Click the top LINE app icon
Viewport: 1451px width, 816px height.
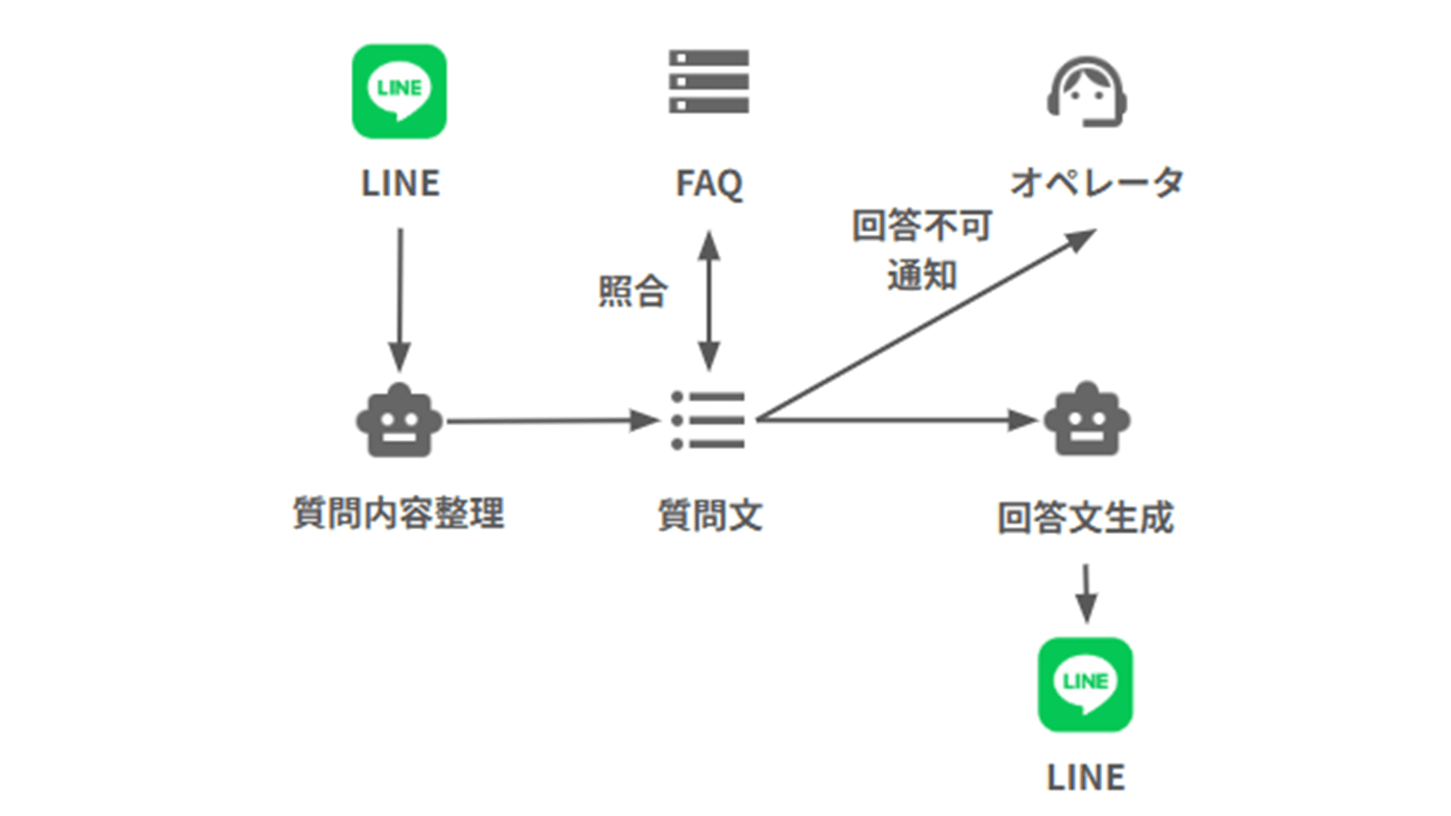click(399, 92)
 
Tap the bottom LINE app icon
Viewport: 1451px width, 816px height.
click(1085, 685)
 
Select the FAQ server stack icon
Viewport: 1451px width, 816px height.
click(708, 82)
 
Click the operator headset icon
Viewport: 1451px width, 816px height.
click(1086, 92)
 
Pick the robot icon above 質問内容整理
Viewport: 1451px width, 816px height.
click(399, 421)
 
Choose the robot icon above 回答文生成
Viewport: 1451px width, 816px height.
click(1086, 421)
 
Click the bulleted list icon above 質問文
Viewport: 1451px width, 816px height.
click(708, 421)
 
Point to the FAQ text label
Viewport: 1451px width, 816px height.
click(708, 183)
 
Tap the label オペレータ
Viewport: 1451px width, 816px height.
click(1096, 182)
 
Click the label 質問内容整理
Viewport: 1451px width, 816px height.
click(399, 513)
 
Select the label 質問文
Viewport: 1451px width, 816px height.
click(709, 515)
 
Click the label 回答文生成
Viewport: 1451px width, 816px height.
click(1086, 518)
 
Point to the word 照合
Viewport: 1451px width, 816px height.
click(633, 292)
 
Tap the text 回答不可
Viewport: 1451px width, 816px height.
click(921, 226)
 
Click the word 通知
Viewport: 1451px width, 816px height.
click(921, 275)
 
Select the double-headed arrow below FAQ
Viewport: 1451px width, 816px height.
click(709, 300)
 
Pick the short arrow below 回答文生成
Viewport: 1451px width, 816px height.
click(1086, 593)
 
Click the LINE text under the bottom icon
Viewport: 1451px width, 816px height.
click(1086, 777)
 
